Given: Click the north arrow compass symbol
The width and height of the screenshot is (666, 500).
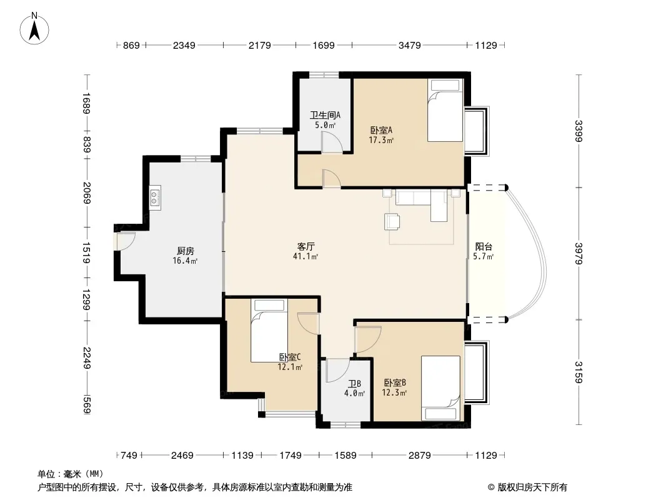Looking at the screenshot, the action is click(34, 28).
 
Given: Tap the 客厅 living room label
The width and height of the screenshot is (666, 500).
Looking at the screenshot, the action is click(306, 246).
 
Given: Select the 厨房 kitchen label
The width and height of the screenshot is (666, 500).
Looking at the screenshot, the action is click(185, 251).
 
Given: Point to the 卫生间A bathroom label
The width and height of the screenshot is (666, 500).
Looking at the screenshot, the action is click(325, 115).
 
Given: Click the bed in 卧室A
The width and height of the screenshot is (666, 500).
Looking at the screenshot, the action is click(445, 111).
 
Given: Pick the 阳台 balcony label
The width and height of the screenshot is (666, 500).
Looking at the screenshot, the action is click(484, 246).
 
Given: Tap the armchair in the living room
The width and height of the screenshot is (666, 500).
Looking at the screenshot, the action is click(392, 221).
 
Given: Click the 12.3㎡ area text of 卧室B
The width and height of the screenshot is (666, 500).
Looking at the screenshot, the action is click(394, 392).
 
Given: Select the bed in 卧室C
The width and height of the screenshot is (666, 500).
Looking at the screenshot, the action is click(269, 331).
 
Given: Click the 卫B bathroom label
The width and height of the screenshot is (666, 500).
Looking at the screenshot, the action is click(355, 384).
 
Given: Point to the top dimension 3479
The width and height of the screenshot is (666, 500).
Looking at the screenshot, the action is click(409, 45).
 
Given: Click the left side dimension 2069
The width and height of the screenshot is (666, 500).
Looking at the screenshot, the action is click(87, 193).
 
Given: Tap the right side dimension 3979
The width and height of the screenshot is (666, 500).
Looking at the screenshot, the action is click(579, 253).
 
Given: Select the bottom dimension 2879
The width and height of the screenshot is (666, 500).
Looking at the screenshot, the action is click(420, 456).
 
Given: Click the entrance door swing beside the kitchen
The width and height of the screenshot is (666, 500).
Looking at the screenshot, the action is click(126, 241).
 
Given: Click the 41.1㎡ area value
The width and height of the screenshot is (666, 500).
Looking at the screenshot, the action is click(306, 256).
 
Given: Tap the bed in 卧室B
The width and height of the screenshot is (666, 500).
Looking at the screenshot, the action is click(440, 388).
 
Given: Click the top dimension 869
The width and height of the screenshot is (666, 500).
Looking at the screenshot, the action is click(131, 45).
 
